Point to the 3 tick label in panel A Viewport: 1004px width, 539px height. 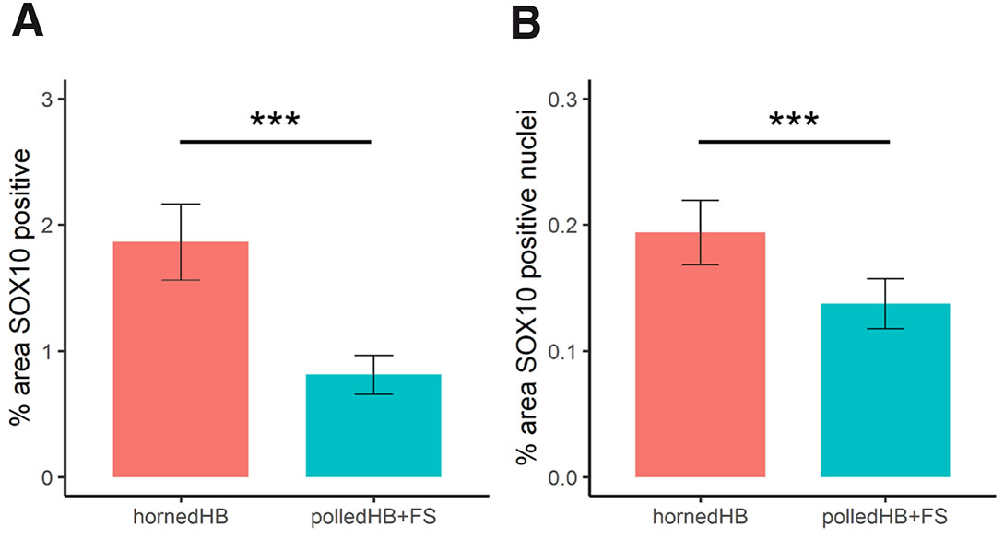pos(46,100)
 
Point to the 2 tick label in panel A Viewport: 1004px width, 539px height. pos(46,226)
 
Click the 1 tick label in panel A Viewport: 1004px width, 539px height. pos(46,351)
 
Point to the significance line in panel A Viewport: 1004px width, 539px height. pos(275,142)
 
